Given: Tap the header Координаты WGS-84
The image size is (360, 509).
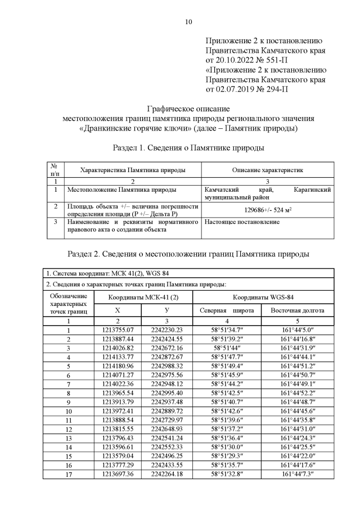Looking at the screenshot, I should [264, 296].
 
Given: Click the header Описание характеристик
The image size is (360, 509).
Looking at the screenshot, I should [267, 170].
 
